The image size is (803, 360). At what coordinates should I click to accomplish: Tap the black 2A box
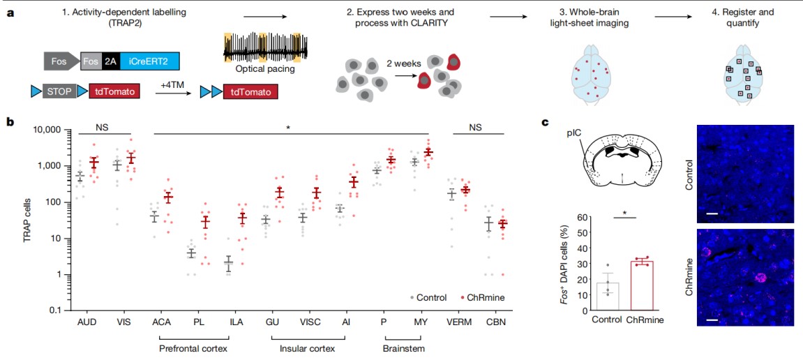(110, 62)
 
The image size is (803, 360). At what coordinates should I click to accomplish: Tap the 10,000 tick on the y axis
(48, 130)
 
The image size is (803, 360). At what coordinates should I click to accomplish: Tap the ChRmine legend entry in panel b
(485, 297)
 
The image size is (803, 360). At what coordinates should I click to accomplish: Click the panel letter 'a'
(10, 12)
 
